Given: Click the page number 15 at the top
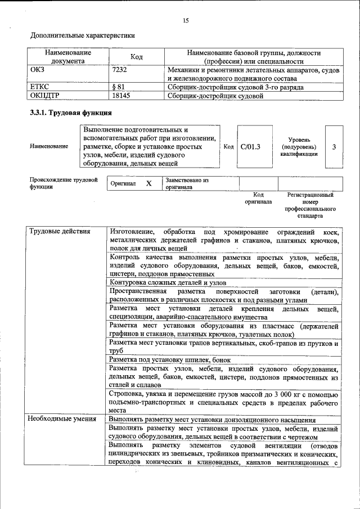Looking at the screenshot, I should (x=186, y=21).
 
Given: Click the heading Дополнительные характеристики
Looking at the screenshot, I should (x=83, y=35).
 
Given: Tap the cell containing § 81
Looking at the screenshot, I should (x=120, y=87).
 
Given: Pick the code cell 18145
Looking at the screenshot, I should (x=121, y=96).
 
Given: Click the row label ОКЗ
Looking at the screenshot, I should (x=38, y=70).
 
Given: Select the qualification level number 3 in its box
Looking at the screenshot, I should (x=334, y=147).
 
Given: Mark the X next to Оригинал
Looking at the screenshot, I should (x=148, y=184).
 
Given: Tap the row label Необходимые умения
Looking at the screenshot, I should (x=59, y=419).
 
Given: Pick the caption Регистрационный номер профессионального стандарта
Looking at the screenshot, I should (x=310, y=205).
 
